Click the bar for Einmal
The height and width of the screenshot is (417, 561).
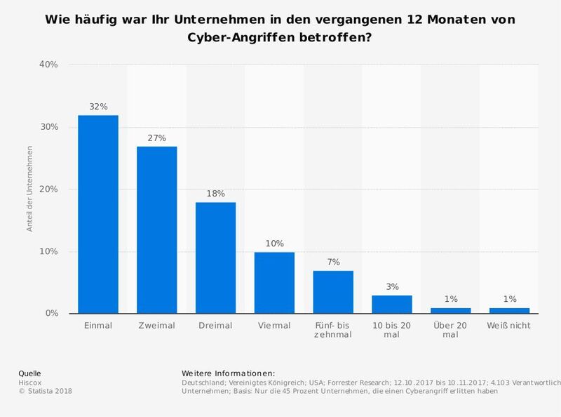[97, 214]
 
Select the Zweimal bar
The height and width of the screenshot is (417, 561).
[156, 230]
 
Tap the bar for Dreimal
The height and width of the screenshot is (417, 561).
[215, 258]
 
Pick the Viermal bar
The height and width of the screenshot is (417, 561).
[274, 282]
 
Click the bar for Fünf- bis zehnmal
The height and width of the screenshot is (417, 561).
[333, 292]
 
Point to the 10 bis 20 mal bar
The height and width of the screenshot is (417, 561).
[392, 304]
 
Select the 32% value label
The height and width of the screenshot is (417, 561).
[97, 107]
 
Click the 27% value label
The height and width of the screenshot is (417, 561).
[156, 138]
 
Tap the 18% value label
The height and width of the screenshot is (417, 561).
[215, 194]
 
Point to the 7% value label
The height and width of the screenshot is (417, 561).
[333, 262]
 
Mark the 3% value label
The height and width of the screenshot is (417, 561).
[392, 287]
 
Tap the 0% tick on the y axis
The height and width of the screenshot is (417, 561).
[50, 313]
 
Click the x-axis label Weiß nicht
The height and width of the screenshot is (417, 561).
[509, 326]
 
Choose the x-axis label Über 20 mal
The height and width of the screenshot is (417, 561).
[450, 330]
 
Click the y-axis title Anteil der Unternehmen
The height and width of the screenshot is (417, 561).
[30, 190]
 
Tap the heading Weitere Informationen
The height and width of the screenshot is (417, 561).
[229, 372]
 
